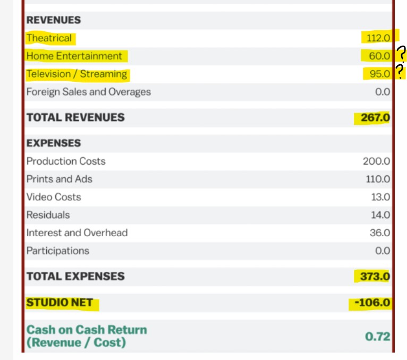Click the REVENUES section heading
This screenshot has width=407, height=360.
pyautogui.click(x=54, y=20)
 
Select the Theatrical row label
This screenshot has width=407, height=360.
pyautogui.click(x=49, y=38)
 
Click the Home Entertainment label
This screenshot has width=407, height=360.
pyautogui.click(x=74, y=56)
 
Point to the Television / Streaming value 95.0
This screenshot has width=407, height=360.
pyautogui.click(x=380, y=74)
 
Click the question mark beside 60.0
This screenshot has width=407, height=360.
pyautogui.click(x=401, y=54)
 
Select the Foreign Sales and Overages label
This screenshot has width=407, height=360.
pyautogui.click(x=89, y=92)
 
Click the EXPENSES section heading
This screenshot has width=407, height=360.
pyautogui.click(x=54, y=143)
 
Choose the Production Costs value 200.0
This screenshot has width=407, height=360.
pyautogui.click(x=376, y=161)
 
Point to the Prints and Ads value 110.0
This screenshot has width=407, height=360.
pyautogui.click(x=378, y=179)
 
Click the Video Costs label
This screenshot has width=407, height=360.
pyautogui.click(x=54, y=197)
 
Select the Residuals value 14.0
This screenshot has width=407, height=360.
pyautogui.click(x=380, y=215)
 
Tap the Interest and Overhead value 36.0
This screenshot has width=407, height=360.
pyautogui.click(x=380, y=233)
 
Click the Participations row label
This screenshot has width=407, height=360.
pyautogui.click(x=58, y=251)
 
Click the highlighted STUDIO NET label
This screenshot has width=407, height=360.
pyautogui.click(x=60, y=303)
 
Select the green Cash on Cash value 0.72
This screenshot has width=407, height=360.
pyautogui.click(x=378, y=336)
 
